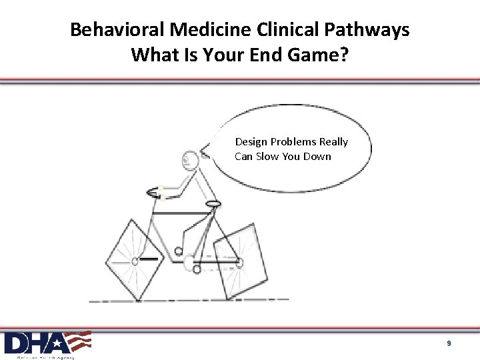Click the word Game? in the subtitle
318,55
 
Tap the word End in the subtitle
265,55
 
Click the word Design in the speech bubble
251,142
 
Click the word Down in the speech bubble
317,157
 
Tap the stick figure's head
191,159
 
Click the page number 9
449,343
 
